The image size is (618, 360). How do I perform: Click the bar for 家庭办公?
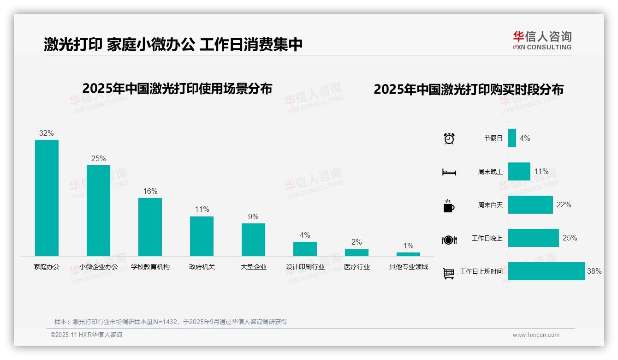pyautogui.click(x=47, y=198)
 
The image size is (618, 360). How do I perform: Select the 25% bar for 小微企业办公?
pyautogui.click(x=98, y=210)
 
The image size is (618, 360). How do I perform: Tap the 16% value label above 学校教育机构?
pyautogui.click(x=150, y=191)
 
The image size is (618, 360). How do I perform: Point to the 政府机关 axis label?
pyautogui.click(x=202, y=267)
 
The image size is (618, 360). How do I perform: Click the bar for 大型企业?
pyautogui.click(x=253, y=240)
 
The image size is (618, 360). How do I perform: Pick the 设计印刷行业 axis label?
pyautogui.click(x=305, y=267)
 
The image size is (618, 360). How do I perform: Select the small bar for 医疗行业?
pyautogui.click(x=357, y=252)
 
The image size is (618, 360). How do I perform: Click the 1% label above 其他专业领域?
pyautogui.click(x=408, y=246)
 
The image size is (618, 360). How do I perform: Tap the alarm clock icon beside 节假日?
pyautogui.click(x=449, y=138)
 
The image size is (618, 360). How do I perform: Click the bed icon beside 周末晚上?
pyautogui.click(x=449, y=172)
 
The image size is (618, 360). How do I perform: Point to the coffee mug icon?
pyautogui.click(x=449, y=206)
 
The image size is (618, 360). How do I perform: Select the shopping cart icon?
pyautogui.click(x=449, y=273)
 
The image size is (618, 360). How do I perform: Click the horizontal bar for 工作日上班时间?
pyautogui.click(x=547, y=271)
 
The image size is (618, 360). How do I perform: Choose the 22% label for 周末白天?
pyautogui.click(x=564, y=204)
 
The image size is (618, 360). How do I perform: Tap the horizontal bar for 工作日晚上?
pyautogui.click(x=534, y=238)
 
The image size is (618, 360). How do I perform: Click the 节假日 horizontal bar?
pyautogui.click(x=512, y=138)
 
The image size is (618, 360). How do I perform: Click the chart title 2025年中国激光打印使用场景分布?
pyautogui.click(x=177, y=89)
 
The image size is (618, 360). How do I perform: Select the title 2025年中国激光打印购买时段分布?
pyautogui.click(x=469, y=90)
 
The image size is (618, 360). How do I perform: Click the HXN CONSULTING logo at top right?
pyautogui.click(x=542, y=40)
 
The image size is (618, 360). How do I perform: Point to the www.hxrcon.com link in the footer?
pyautogui.click(x=536, y=335)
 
